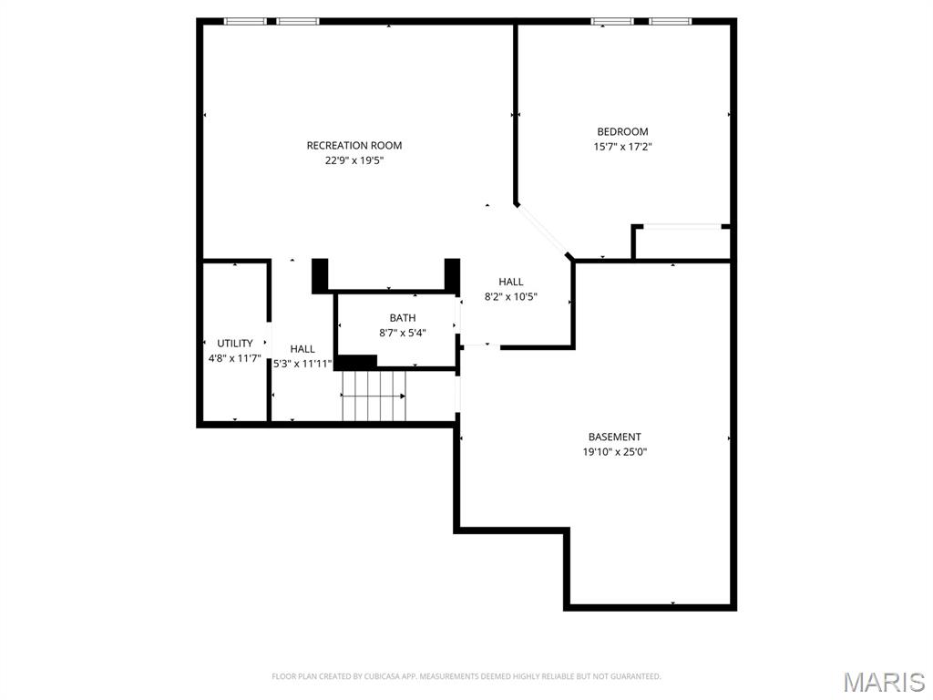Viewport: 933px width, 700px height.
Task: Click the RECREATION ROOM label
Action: point(354,146)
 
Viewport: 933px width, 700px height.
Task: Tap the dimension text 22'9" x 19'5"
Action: point(354,160)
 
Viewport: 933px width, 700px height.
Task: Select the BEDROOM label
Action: point(622,132)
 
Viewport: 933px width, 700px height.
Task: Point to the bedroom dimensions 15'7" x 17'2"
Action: point(622,146)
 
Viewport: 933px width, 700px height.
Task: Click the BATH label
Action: point(403,318)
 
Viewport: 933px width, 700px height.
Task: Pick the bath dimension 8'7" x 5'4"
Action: point(403,333)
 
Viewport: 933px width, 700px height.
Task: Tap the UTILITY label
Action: point(235,344)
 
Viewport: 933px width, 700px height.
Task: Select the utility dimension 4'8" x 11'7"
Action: point(235,358)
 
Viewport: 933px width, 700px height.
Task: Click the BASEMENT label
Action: point(614,437)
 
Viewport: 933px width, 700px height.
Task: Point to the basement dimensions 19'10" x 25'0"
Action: point(614,452)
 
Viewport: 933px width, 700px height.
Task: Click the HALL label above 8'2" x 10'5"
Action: point(511,283)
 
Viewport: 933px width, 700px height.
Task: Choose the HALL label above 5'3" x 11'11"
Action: point(302,349)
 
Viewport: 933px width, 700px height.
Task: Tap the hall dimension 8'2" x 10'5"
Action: point(511,296)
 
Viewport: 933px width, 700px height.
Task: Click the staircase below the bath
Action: point(374,396)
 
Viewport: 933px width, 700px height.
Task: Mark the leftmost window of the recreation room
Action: point(245,21)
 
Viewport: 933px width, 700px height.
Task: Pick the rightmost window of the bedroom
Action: point(670,21)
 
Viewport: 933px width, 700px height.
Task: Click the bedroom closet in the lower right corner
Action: point(682,242)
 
